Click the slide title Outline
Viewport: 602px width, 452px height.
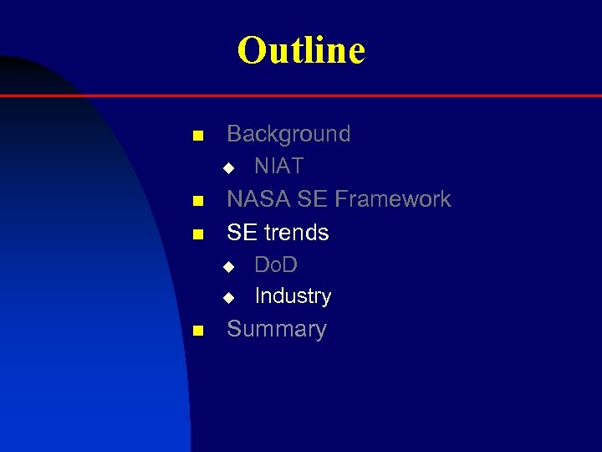301,50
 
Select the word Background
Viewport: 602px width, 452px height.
288,134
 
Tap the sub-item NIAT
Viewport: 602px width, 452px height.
278,167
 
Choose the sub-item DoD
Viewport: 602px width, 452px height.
276,265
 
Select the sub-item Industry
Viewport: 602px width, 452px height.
293,296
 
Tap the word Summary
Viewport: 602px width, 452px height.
277,329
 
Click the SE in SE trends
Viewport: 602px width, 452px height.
241,233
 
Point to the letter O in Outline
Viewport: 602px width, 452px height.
250,50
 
